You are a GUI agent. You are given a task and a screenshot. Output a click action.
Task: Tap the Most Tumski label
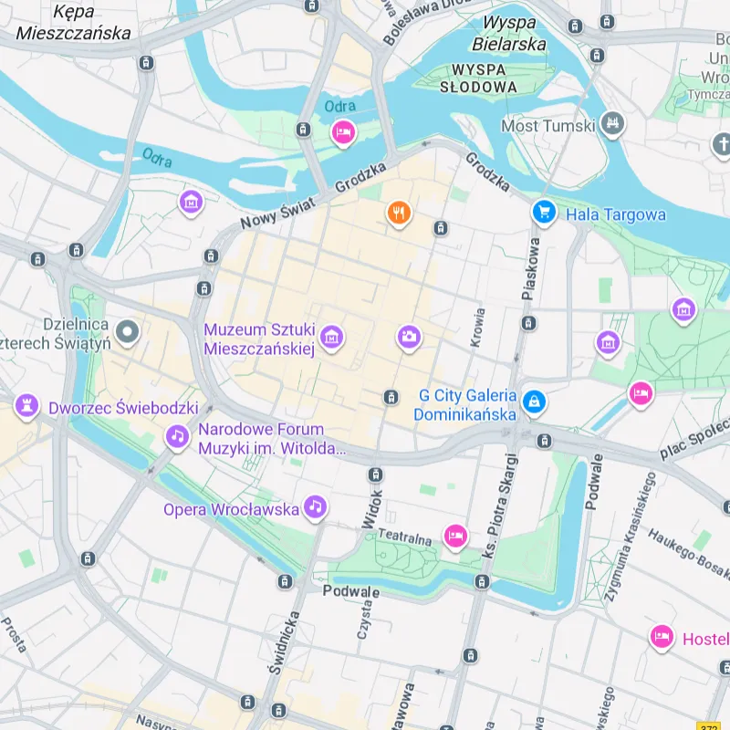(x=547, y=126)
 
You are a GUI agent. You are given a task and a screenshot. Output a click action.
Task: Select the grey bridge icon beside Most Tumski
(x=613, y=125)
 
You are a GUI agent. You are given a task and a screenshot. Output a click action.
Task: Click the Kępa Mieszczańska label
(x=74, y=23)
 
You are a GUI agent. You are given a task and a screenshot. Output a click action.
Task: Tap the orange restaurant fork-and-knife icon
(x=399, y=214)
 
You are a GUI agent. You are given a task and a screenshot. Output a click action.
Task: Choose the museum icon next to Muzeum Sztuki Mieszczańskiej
(x=332, y=339)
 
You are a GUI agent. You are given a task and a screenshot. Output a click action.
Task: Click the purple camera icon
(x=409, y=338)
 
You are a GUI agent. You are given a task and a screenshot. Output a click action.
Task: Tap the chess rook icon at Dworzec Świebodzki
(x=27, y=404)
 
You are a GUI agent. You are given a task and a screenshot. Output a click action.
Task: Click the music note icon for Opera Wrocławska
(x=315, y=506)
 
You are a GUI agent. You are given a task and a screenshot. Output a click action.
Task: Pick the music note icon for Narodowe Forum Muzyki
(x=177, y=437)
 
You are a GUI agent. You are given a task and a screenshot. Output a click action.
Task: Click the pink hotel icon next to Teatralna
(x=455, y=537)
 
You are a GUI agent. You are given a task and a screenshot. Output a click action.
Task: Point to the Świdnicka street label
(x=284, y=643)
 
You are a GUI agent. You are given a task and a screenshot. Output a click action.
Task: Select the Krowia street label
(x=478, y=327)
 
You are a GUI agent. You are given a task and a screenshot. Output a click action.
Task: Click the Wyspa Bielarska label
(x=509, y=33)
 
